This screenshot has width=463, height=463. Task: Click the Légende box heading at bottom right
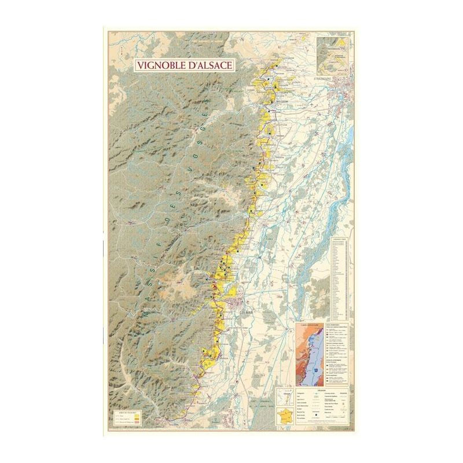coord(316,389)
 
